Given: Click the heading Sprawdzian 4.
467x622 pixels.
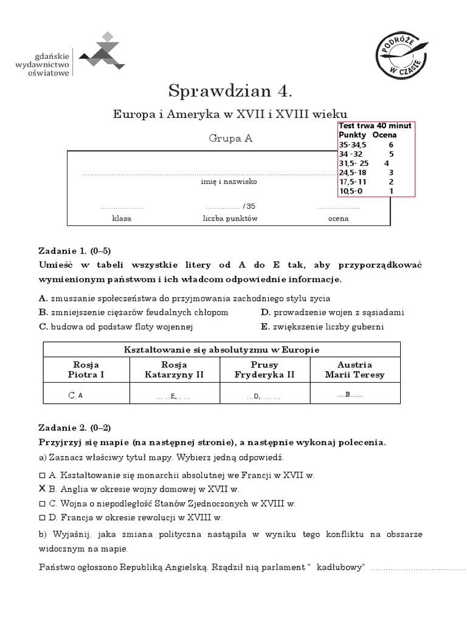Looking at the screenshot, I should point(230,91).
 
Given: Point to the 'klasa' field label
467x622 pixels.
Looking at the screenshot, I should point(121,219).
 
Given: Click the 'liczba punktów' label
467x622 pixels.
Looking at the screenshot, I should point(230,219).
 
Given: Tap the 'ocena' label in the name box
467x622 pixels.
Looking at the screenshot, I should point(338,219).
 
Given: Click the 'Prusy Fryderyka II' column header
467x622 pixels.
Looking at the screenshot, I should point(265,370).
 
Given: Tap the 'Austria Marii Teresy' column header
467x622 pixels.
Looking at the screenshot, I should point(355,370).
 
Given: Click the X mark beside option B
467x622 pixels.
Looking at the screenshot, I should point(42,488).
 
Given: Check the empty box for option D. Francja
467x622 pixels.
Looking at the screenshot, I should point(42,518).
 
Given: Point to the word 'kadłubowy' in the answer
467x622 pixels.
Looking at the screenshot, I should point(342,567).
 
